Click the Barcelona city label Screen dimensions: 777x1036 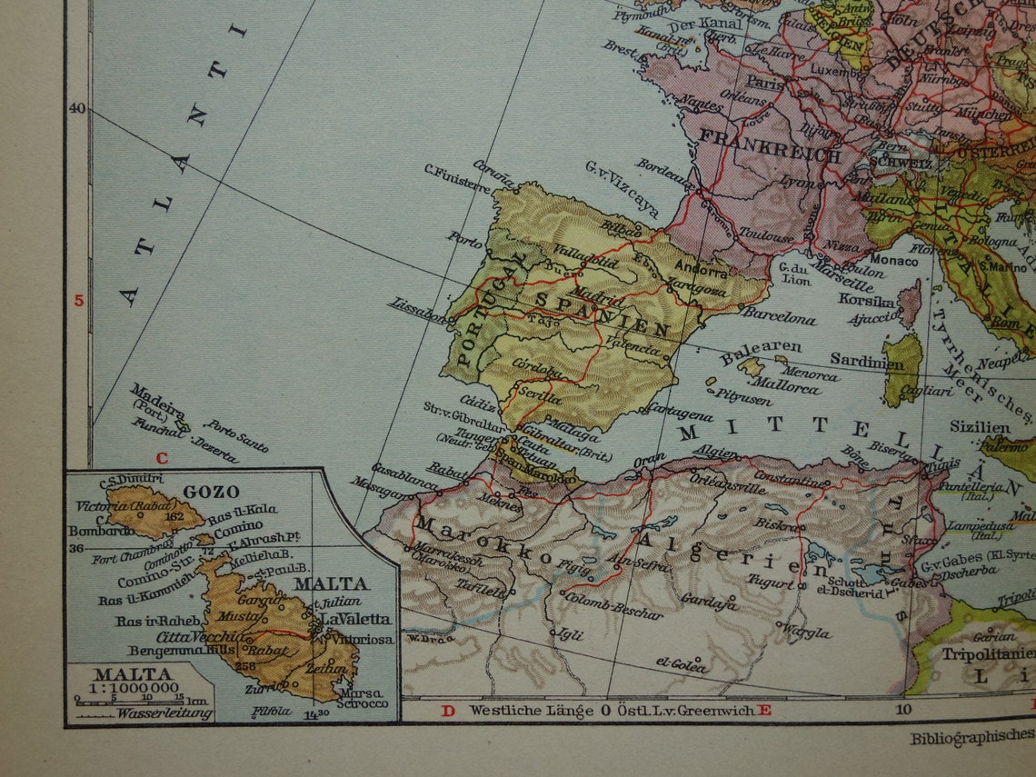pos(778,317)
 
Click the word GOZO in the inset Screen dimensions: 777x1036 pos(211,492)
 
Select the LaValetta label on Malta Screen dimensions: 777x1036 pos(355,619)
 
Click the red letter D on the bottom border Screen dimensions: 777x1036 pos(447,710)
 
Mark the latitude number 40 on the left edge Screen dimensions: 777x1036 pos(76,108)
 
